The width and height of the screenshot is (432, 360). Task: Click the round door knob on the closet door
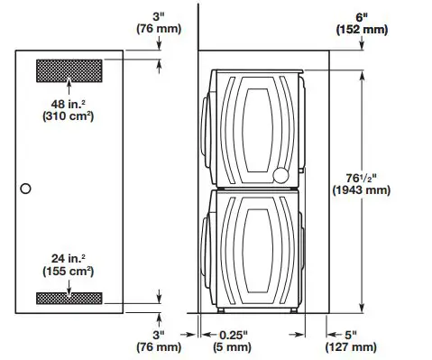click(x=25, y=189)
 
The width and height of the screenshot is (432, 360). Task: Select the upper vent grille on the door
click(x=69, y=69)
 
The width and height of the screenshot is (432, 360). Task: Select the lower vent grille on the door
click(x=69, y=298)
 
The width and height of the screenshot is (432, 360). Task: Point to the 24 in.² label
click(x=69, y=256)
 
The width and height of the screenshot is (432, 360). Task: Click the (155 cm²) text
click(x=69, y=271)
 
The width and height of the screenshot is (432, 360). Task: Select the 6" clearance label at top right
click(x=363, y=15)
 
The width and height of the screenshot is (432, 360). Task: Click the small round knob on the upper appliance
click(x=282, y=174)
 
